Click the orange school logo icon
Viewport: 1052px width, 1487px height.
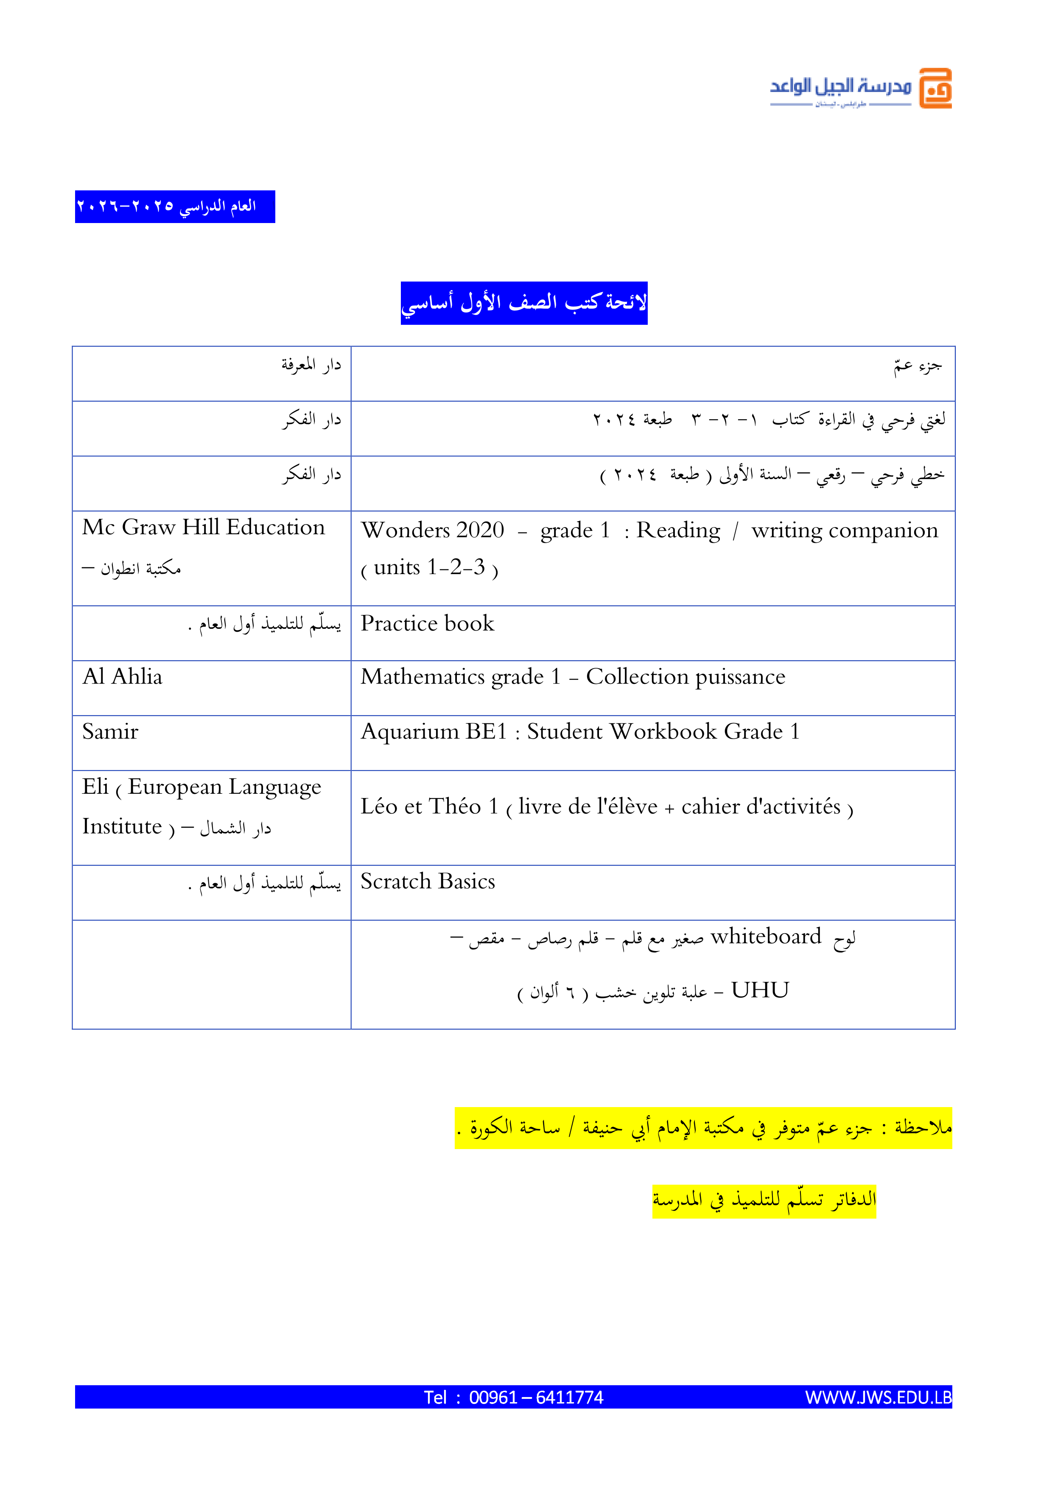coord(935,88)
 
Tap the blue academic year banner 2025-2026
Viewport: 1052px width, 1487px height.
coord(175,206)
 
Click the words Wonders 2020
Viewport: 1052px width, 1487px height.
coord(432,530)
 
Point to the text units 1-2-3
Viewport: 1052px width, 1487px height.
coord(429,568)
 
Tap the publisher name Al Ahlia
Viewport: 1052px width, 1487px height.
coord(123,677)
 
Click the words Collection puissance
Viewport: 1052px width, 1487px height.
coord(685,677)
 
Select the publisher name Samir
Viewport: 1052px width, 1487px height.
coord(110,732)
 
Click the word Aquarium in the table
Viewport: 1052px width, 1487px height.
coord(409,732)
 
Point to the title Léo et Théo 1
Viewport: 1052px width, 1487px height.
coord(429,807)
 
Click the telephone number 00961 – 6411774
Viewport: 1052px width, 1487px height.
coord(536,1398)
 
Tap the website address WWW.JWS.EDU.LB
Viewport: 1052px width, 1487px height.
coord(878,1398)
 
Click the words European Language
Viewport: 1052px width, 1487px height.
coord(224,787)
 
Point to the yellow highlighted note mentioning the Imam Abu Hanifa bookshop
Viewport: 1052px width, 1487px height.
coord(703,1128)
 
